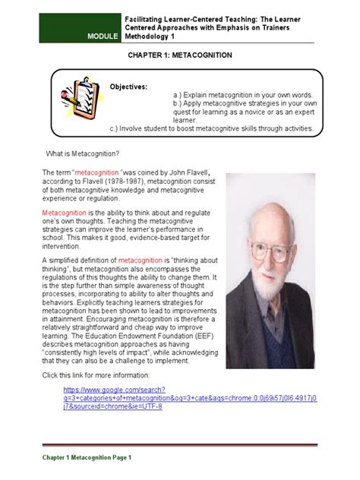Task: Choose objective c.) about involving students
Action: point(201,128)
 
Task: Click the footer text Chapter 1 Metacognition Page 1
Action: point(87,458)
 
